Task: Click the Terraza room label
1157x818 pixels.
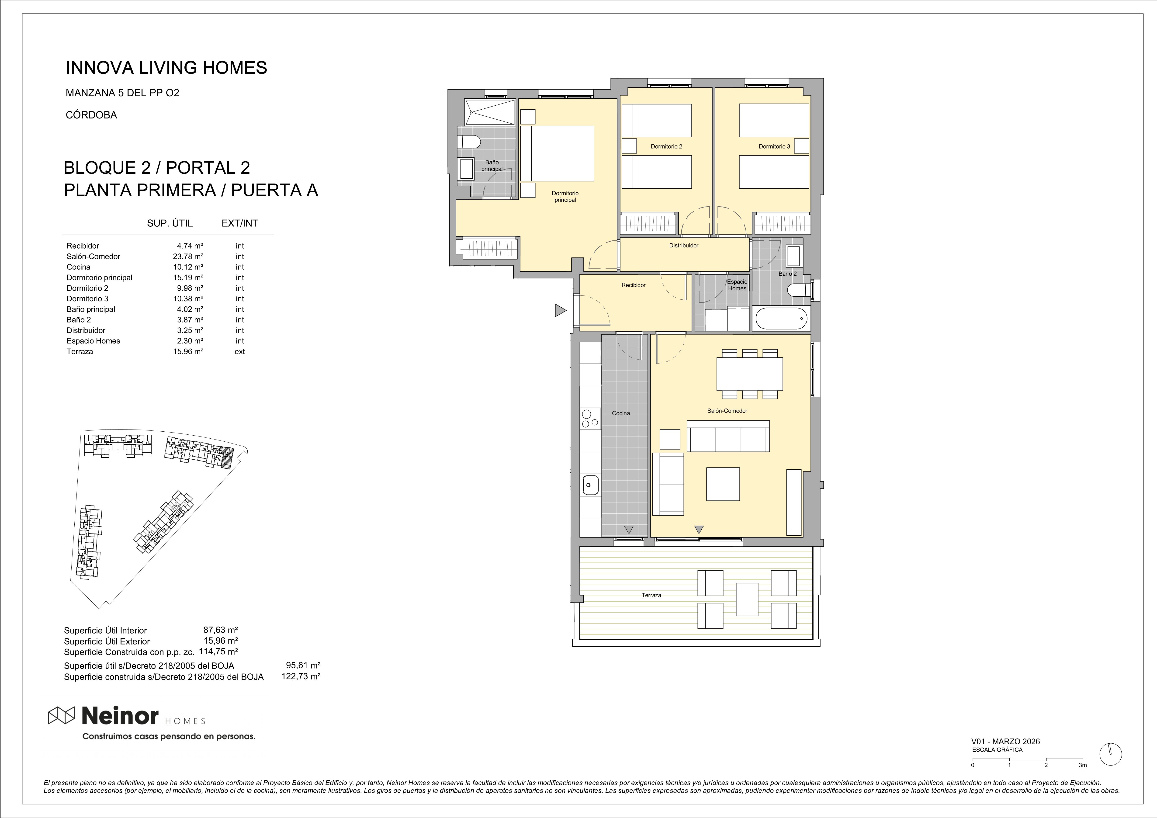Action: (651, 595)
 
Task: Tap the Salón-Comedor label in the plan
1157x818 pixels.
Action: (727, 411)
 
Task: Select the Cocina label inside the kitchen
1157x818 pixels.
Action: (621, 413)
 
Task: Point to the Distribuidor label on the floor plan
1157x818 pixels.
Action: (684, 246)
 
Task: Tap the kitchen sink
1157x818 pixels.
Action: (591, 485)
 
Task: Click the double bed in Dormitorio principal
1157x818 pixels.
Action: (557, 153)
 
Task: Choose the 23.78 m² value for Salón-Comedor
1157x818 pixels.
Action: (188, 256)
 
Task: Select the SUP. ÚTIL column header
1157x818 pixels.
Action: (170, 223)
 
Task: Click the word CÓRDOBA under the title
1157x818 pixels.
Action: (91, 115)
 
